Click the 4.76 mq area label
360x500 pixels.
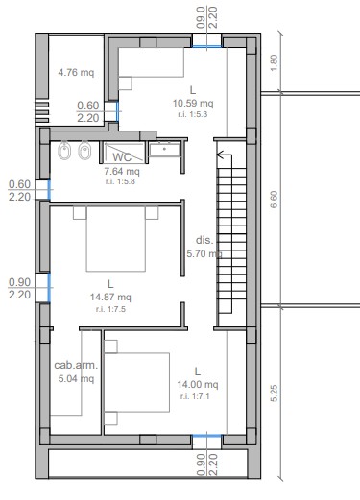point(76,72)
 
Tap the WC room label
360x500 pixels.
point(122,157)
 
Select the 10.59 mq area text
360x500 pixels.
point(193,104)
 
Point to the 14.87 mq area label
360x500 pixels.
point(110,298)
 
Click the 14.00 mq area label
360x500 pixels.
point(198,384)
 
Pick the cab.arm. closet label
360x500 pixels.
point(76,365)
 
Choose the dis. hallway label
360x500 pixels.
point(204,240)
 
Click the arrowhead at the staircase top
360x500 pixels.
point(220,155)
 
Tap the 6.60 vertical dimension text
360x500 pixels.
point(275,200)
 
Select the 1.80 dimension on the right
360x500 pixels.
point(275,63)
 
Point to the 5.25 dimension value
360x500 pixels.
point(275,393)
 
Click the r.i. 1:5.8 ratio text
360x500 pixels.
point(120,181)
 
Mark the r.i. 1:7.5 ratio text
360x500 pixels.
point(110,309)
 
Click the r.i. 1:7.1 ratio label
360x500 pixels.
point(195,396)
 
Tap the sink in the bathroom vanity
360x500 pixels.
point(165,150)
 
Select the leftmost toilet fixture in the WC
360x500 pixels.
point(64,150)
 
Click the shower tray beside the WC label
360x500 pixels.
point(124,153)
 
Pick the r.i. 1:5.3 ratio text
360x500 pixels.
point(193,114)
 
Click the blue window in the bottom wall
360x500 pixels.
point(206,436)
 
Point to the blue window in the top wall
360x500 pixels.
point(206,47)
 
